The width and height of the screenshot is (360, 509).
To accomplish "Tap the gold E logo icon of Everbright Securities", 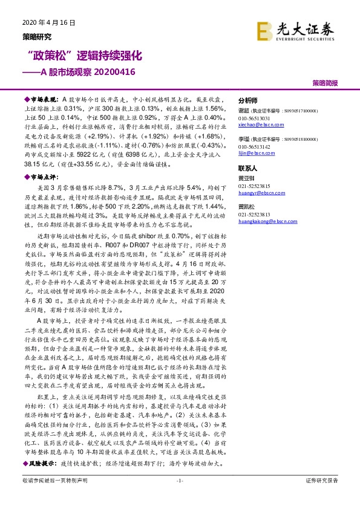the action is click(264, 30).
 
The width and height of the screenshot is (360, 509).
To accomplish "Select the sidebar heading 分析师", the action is click(248, 101).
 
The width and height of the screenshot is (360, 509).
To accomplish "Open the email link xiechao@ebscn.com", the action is click(259, 124).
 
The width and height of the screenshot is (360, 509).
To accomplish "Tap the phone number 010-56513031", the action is click(254, 118).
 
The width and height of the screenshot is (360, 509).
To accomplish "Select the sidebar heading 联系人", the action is click(248, 169).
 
